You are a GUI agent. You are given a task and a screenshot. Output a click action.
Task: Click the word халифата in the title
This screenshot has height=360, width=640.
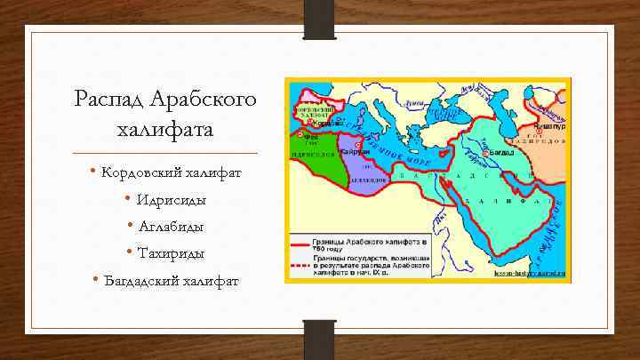click(165, 131)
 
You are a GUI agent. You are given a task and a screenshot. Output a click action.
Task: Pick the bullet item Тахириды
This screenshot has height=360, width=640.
click(166, 253)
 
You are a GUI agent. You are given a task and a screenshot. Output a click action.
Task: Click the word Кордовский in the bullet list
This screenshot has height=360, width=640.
click(139, 171)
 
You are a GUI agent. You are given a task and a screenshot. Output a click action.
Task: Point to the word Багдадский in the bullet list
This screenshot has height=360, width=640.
click(141, 282)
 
